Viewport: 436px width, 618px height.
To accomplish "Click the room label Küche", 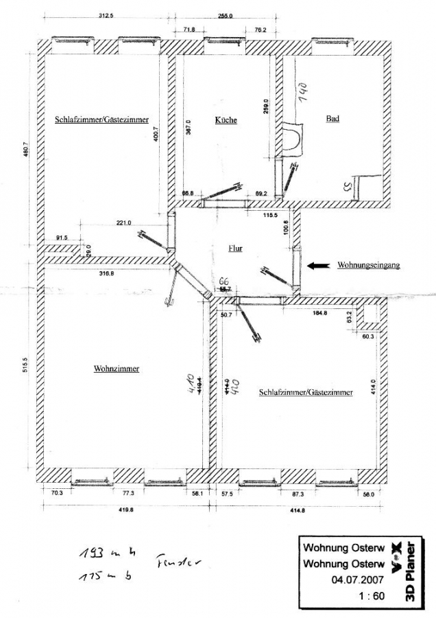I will click(x=226, y=120).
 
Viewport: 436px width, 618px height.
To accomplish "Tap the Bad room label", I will click(x=332, y=119).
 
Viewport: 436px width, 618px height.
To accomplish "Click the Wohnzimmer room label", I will click(x=117, y=369).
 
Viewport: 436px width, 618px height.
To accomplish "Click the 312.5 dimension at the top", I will click(x=106, y=16).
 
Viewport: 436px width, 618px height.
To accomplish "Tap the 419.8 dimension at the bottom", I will click(x=124, y=510).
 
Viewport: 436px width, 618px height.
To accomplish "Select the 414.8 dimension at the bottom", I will click(x=297, y=510).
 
